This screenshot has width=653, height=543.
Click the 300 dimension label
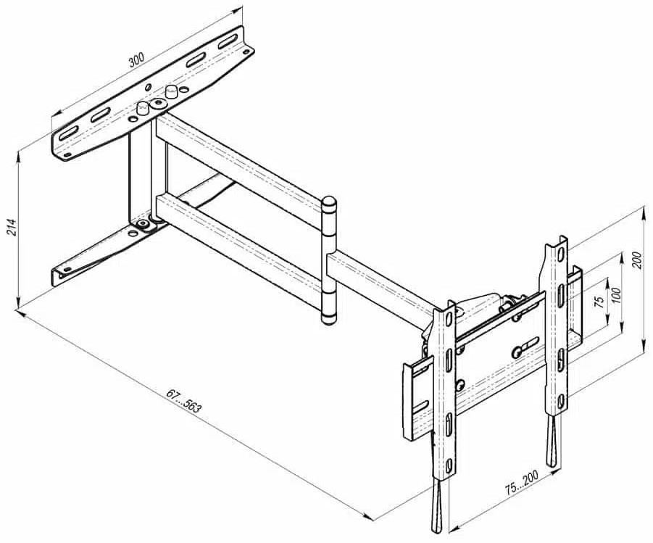click(x=136, y=59)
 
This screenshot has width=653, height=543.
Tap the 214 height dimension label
click(x=12, y=228)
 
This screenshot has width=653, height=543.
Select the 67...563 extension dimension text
click(x=183, y=400)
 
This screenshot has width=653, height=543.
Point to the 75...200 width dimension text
click(x=522, y=483)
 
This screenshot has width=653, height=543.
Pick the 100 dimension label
click(x=617, y=296)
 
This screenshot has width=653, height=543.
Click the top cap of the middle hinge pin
click(x=330, y=203)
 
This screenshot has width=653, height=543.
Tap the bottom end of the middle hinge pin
click(x=328, y=320)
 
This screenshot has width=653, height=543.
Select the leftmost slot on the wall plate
click(x=68, y=134)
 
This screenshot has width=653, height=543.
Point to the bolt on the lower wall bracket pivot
click(x=144, y=224)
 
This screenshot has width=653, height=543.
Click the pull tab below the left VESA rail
click(x=435, y=504)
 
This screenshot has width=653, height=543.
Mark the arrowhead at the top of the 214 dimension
click(x=18, y=157)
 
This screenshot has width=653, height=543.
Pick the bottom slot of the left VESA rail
click(x=449, y=465)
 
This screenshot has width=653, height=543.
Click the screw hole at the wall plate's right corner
click(x=246, y=51)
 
